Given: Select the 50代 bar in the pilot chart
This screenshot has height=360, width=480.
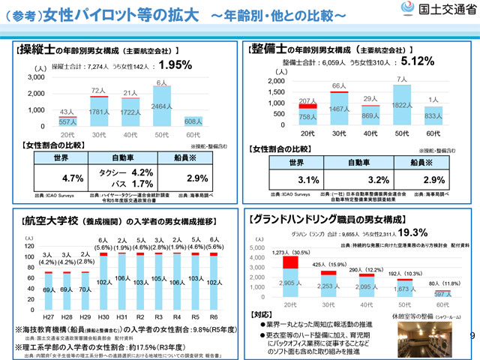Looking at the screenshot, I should click(x=161, y=108).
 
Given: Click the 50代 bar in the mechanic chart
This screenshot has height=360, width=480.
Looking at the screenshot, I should click(x=402, y=106).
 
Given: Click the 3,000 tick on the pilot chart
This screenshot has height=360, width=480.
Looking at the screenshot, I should click(x=36, y=77).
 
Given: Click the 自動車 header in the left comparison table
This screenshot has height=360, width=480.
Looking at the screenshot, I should click(x=124, y=160).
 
